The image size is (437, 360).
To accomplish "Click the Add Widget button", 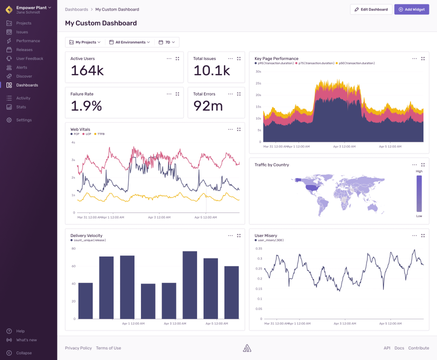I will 411,9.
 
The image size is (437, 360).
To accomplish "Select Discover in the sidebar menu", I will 23,76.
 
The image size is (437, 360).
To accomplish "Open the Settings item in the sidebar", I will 23,120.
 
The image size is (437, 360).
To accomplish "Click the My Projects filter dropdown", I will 84,42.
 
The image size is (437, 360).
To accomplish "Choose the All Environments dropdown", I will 129,42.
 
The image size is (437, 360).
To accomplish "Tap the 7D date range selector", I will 167,42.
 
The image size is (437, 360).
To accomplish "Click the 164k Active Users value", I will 87,71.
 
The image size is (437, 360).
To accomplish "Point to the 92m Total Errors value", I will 208,106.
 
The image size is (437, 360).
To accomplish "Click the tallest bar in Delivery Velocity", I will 189,284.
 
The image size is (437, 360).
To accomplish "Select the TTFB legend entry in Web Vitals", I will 100,134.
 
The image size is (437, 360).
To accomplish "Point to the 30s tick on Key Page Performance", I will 258,71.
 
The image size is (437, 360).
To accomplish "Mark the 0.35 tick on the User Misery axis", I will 258,248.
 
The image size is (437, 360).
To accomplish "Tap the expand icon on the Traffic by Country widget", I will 423,164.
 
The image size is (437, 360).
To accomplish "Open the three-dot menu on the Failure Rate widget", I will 169,94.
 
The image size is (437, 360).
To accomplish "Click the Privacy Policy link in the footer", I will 78,348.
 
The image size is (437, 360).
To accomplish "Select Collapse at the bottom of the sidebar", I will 23,353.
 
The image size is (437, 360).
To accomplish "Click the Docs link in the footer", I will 399,348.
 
